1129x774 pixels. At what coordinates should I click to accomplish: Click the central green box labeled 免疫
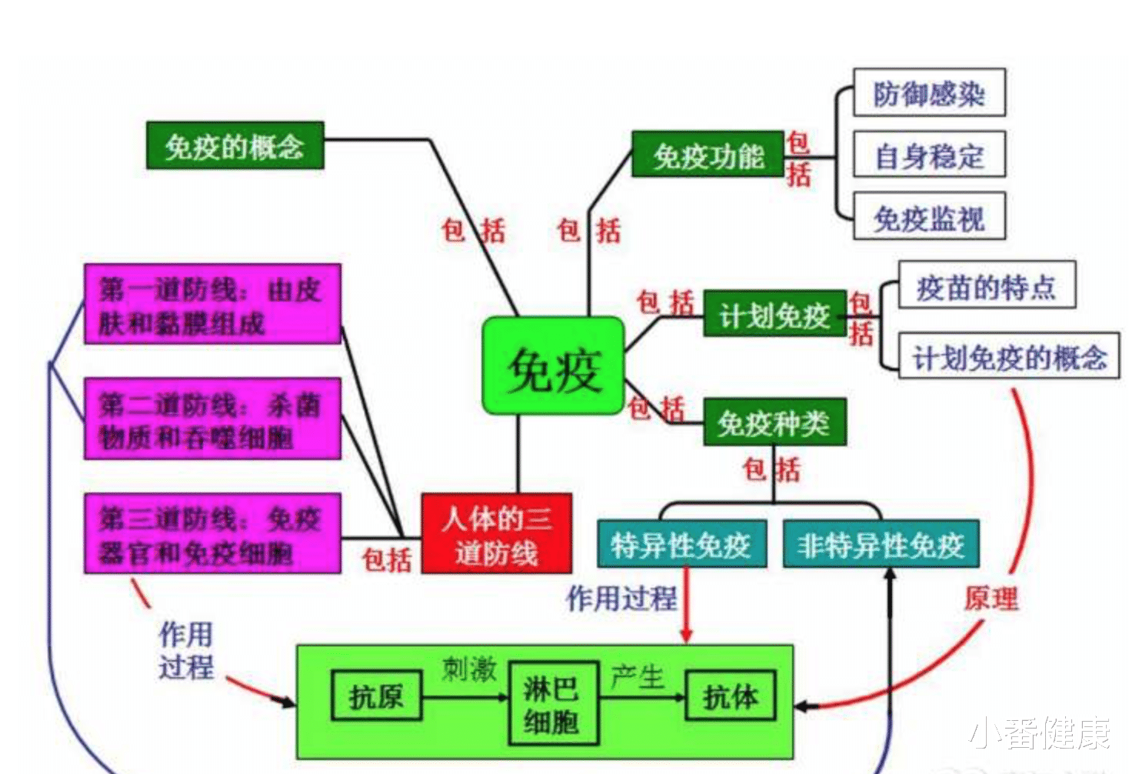[x=552, y=366]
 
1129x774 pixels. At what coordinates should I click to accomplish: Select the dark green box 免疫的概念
[x=235, y=145]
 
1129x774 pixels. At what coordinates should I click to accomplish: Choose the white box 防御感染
[x=929, y=93]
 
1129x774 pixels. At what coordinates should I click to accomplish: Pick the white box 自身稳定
[x=929, y=155]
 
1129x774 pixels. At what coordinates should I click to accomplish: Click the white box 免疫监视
[x=929, y=218]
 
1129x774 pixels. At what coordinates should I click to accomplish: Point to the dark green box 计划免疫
[x=774, y=314]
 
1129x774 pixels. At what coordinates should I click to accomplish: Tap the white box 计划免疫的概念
[x=1009, y=356]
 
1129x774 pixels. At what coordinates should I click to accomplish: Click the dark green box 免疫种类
[x=774, y=422]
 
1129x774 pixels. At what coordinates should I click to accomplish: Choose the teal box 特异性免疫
[x=681, y=545]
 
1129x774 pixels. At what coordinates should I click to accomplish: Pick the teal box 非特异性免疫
[x=881, y=545]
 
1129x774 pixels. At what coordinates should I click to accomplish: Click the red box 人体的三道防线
[x=496, y=534]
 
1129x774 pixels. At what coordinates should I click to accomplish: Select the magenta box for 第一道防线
[x=212, y=304]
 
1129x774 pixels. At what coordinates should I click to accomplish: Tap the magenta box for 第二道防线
[x=212, y=419]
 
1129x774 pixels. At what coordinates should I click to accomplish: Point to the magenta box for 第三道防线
[x=212, y=534]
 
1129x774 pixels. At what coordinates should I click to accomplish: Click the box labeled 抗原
[x=376, y=696]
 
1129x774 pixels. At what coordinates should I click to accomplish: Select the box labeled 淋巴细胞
[x=552, y=703]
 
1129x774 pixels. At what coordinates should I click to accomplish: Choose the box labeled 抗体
[x=730, y=696]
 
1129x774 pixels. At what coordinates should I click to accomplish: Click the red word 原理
[x=992, y=598]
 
